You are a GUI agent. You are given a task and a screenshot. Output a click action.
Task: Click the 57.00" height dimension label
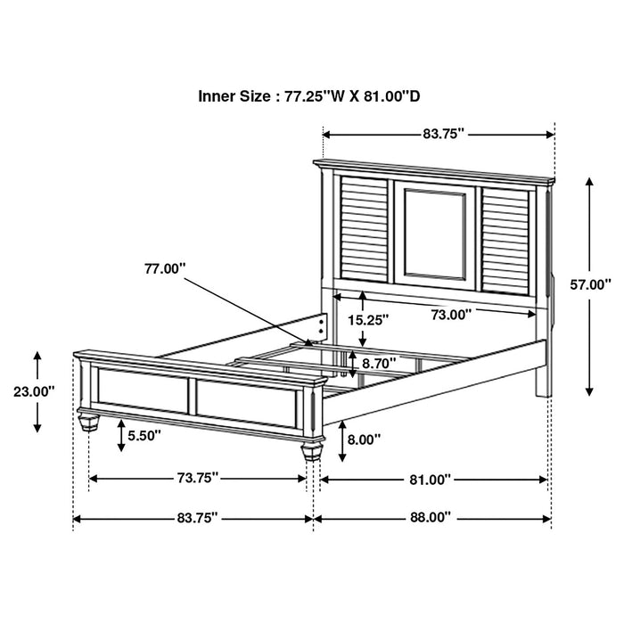coord(590,284)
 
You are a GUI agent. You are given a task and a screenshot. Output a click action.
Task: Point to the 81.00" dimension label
coord(430,479)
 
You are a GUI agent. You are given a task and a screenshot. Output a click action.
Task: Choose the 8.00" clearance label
coord(365,439)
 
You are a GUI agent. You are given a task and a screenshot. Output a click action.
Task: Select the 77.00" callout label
coord(163,267)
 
